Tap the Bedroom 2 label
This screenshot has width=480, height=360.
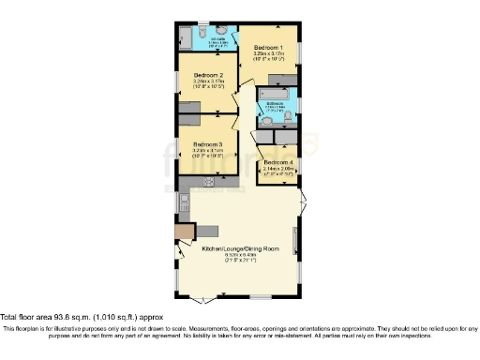[207, 74]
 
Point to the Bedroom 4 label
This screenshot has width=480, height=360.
[278, 162]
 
